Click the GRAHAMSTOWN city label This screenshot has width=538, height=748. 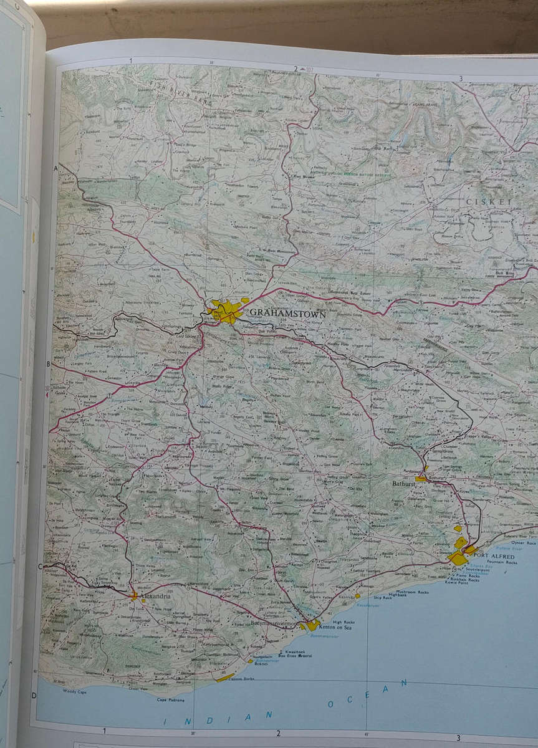coord(287,314)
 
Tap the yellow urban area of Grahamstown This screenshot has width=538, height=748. coord(226,310)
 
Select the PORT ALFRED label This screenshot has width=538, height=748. coord(494,555)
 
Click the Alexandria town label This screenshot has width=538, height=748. coord(155,597)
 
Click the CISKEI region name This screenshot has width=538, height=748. coord(488,202)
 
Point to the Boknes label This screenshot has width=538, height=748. coord(261,664)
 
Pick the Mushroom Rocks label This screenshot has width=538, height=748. coord(415,592)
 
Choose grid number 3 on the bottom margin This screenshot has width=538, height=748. coord(458,738)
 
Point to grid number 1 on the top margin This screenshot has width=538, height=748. coord(131,60)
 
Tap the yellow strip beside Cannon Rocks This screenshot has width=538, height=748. coord(225,677)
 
